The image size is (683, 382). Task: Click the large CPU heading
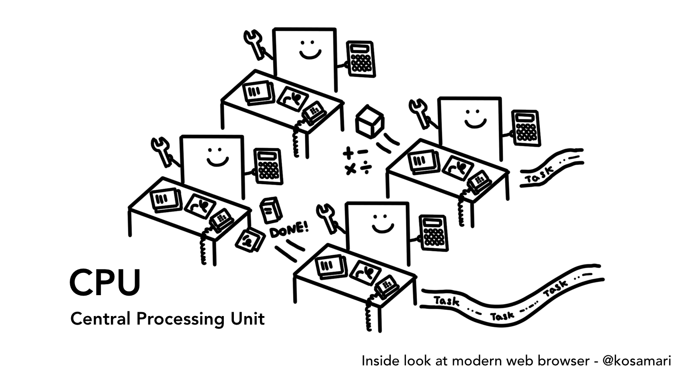(105, 283)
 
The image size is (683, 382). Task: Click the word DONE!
(289, 230)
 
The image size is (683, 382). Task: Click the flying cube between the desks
(369, 121)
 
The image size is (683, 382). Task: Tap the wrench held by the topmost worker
(255, 43)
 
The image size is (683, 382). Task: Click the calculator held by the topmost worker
(360, 58)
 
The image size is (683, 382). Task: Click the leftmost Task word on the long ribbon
(446, 301)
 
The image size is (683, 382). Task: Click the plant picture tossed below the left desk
(250, 240)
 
